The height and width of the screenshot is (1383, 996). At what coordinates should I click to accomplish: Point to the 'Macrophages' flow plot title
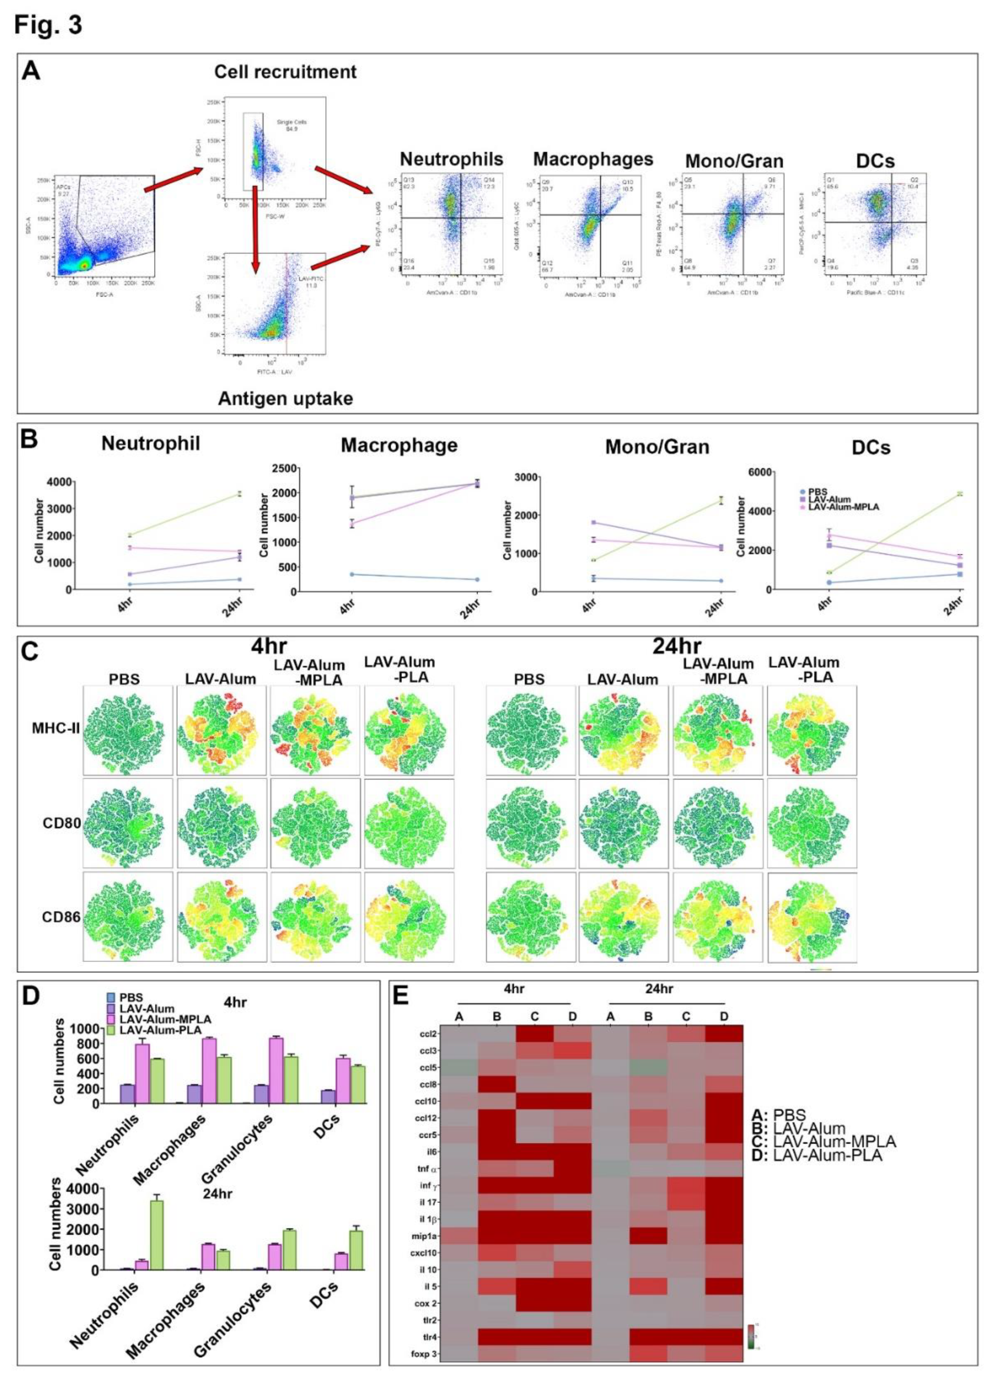pyautogui.click(x=593, y=159)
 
